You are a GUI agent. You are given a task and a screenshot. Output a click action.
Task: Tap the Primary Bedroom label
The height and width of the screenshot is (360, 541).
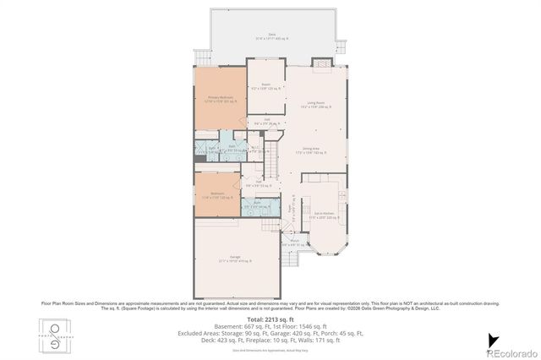tap(221, 99)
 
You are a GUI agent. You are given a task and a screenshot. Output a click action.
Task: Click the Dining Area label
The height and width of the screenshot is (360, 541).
tap(310, 150)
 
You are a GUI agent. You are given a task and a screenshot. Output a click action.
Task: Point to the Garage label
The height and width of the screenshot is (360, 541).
tap(235, 259)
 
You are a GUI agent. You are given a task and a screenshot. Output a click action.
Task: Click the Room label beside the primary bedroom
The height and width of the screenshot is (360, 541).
tap(265, 85)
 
